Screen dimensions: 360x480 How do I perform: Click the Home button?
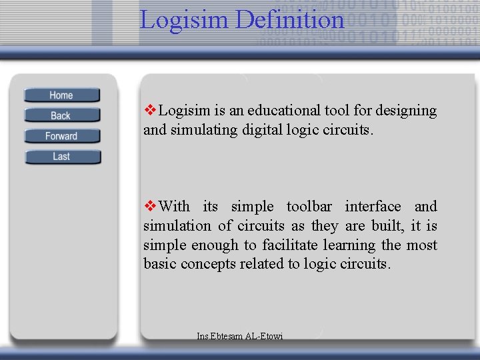point(61,95)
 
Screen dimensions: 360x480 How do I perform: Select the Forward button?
point(61,136)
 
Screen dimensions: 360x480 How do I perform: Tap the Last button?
point(61,157)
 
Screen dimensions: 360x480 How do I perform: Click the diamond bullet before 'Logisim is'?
point(150,111)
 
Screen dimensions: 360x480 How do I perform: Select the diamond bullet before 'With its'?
point(150,207)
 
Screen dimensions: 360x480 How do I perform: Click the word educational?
point(272,111)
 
